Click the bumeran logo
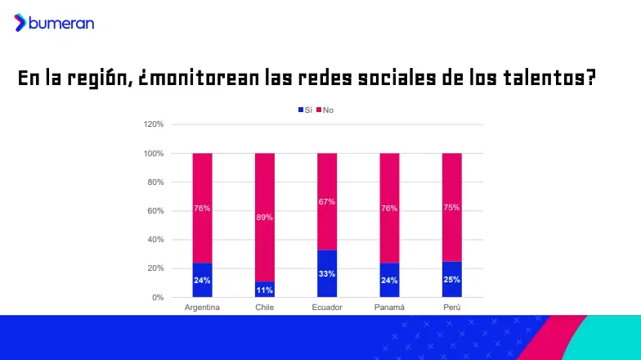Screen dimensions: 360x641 [x=54, y=23]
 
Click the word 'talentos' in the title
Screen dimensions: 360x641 [x=540, y=79]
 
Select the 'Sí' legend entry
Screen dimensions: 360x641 [x=305, y=110]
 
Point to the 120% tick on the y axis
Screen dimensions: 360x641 [x=154, y=124]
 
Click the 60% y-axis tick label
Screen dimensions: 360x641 [x=155, y=211]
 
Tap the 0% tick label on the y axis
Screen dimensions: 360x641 [x=158, y=297]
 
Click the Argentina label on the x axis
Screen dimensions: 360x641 [x=202, y=308]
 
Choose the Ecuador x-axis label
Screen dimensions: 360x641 [x=327, y=308]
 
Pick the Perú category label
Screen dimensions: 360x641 [x=451, y=308]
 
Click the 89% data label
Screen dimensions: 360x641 [x=265, y=218]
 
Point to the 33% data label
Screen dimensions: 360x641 [x=327, y=273]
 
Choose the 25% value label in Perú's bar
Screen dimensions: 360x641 [x=451, y=279]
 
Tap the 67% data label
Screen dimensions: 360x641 [x=327, y=201]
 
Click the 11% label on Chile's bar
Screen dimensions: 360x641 [x=265, y=289]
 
